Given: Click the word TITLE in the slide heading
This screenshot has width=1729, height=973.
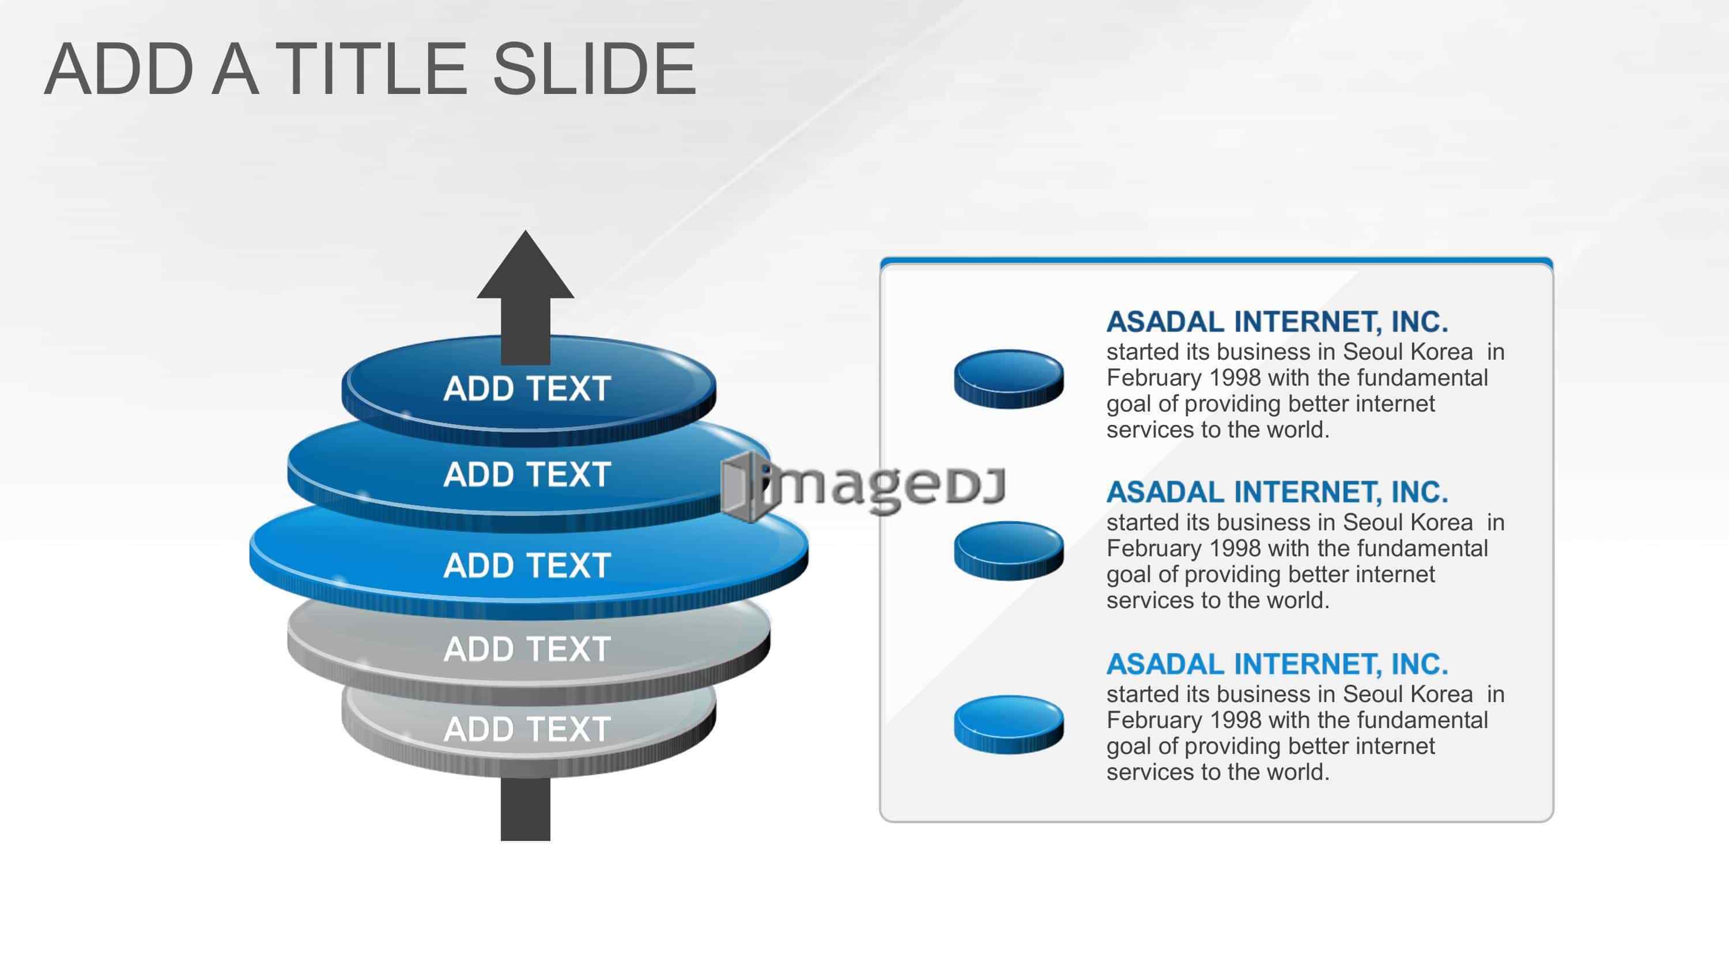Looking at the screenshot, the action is pyautogui.click(x=371, y=69).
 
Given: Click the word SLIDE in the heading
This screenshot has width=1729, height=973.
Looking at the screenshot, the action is pyautogui.click(x=595, y=69).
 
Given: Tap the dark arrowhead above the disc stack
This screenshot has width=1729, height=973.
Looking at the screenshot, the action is pyautogui.click(x=526, y=265).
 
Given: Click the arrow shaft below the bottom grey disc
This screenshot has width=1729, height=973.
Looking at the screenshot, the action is pyautogui.click(x=526, y=809).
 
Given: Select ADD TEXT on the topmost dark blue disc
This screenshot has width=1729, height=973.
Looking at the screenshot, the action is pyautogui.click(x=527, y=389).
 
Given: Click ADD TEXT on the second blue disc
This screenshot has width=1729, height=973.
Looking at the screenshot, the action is pyautogui.click(x=527, y=475).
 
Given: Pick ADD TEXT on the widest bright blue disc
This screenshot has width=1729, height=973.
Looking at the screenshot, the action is pyautogui.click(x=527, y=565).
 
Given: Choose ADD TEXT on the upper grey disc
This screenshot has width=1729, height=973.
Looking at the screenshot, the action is pyautogui.click(x=527, y=649).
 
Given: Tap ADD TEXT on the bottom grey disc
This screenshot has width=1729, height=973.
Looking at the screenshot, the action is pyautogui.click(x=527, y=729).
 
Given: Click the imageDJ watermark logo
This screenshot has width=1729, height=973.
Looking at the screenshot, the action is pyautogui.click(x=864, y=485).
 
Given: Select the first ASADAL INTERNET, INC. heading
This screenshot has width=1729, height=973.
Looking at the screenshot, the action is pyautogui.click(x=1277, y=322).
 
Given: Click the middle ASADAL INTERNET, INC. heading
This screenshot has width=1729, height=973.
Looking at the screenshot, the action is pyautogui.click(x=1277, y=493).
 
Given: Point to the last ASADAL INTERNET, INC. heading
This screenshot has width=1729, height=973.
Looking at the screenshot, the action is pyautogui.click(x=1277, y=665).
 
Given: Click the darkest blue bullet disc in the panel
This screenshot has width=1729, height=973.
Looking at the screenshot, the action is pyautogui.click(x=1009, y=379).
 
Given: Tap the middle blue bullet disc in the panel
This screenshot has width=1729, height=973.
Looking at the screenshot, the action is pyautogui.click(x=1009, y=550).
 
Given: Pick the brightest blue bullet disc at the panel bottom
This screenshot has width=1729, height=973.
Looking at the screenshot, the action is pyautogui.click(x=1009, y=725).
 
